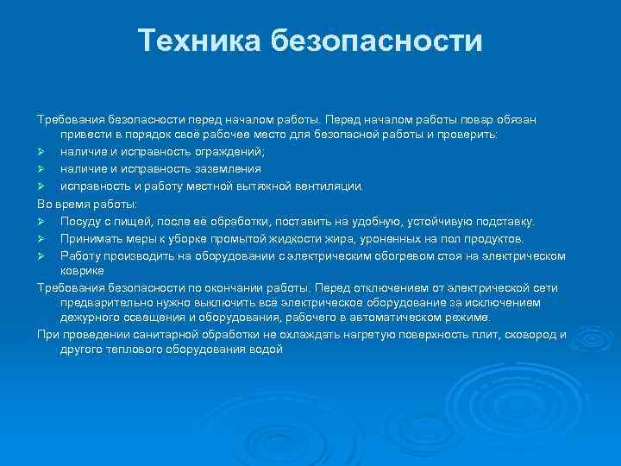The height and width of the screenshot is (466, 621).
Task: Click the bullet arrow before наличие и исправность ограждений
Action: pyautogui.click(x=41, y=152)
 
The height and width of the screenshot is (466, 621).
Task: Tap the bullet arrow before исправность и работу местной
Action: pyautogui.click(x=41, y=185)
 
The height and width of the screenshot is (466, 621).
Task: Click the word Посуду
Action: pyautogui.click(x=79, y=221)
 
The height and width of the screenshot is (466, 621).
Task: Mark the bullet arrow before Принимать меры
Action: pyautogui.click(x=41, y=238)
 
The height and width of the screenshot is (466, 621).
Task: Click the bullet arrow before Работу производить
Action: pyautogui.click(x=41, y=255)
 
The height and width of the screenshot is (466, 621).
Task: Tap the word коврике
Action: pyautogui.click(x=82, y=270)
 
